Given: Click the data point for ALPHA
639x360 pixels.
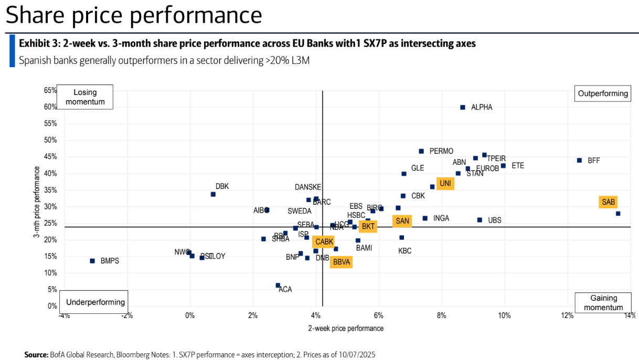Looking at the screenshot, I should click(463, 107).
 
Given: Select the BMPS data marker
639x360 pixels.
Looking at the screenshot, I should click(92, 261).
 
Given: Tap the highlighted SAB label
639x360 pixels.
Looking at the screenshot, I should click(609, 202).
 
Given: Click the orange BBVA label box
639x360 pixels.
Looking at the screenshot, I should click(341, 261).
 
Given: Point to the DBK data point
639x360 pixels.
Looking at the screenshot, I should click(213, 194).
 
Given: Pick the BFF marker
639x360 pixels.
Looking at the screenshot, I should click(579, 160).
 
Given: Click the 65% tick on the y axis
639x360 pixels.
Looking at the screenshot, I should click(50, 90).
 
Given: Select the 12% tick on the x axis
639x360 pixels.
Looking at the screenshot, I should click(567, 315).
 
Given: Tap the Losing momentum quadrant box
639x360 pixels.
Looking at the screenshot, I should click(85, 97).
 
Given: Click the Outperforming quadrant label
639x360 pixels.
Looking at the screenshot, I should click(603, 94).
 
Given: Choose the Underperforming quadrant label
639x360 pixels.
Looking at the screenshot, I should click(95, 302).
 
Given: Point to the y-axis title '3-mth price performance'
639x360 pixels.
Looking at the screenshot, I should click(37, 202).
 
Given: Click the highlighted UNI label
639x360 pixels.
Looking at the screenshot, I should click(445, 183).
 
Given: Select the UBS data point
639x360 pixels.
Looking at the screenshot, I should click(480, 220).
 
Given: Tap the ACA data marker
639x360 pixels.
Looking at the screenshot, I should click(278, 285).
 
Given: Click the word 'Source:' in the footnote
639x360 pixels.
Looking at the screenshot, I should click(36, 355).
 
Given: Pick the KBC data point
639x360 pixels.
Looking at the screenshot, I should click(401, 237).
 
